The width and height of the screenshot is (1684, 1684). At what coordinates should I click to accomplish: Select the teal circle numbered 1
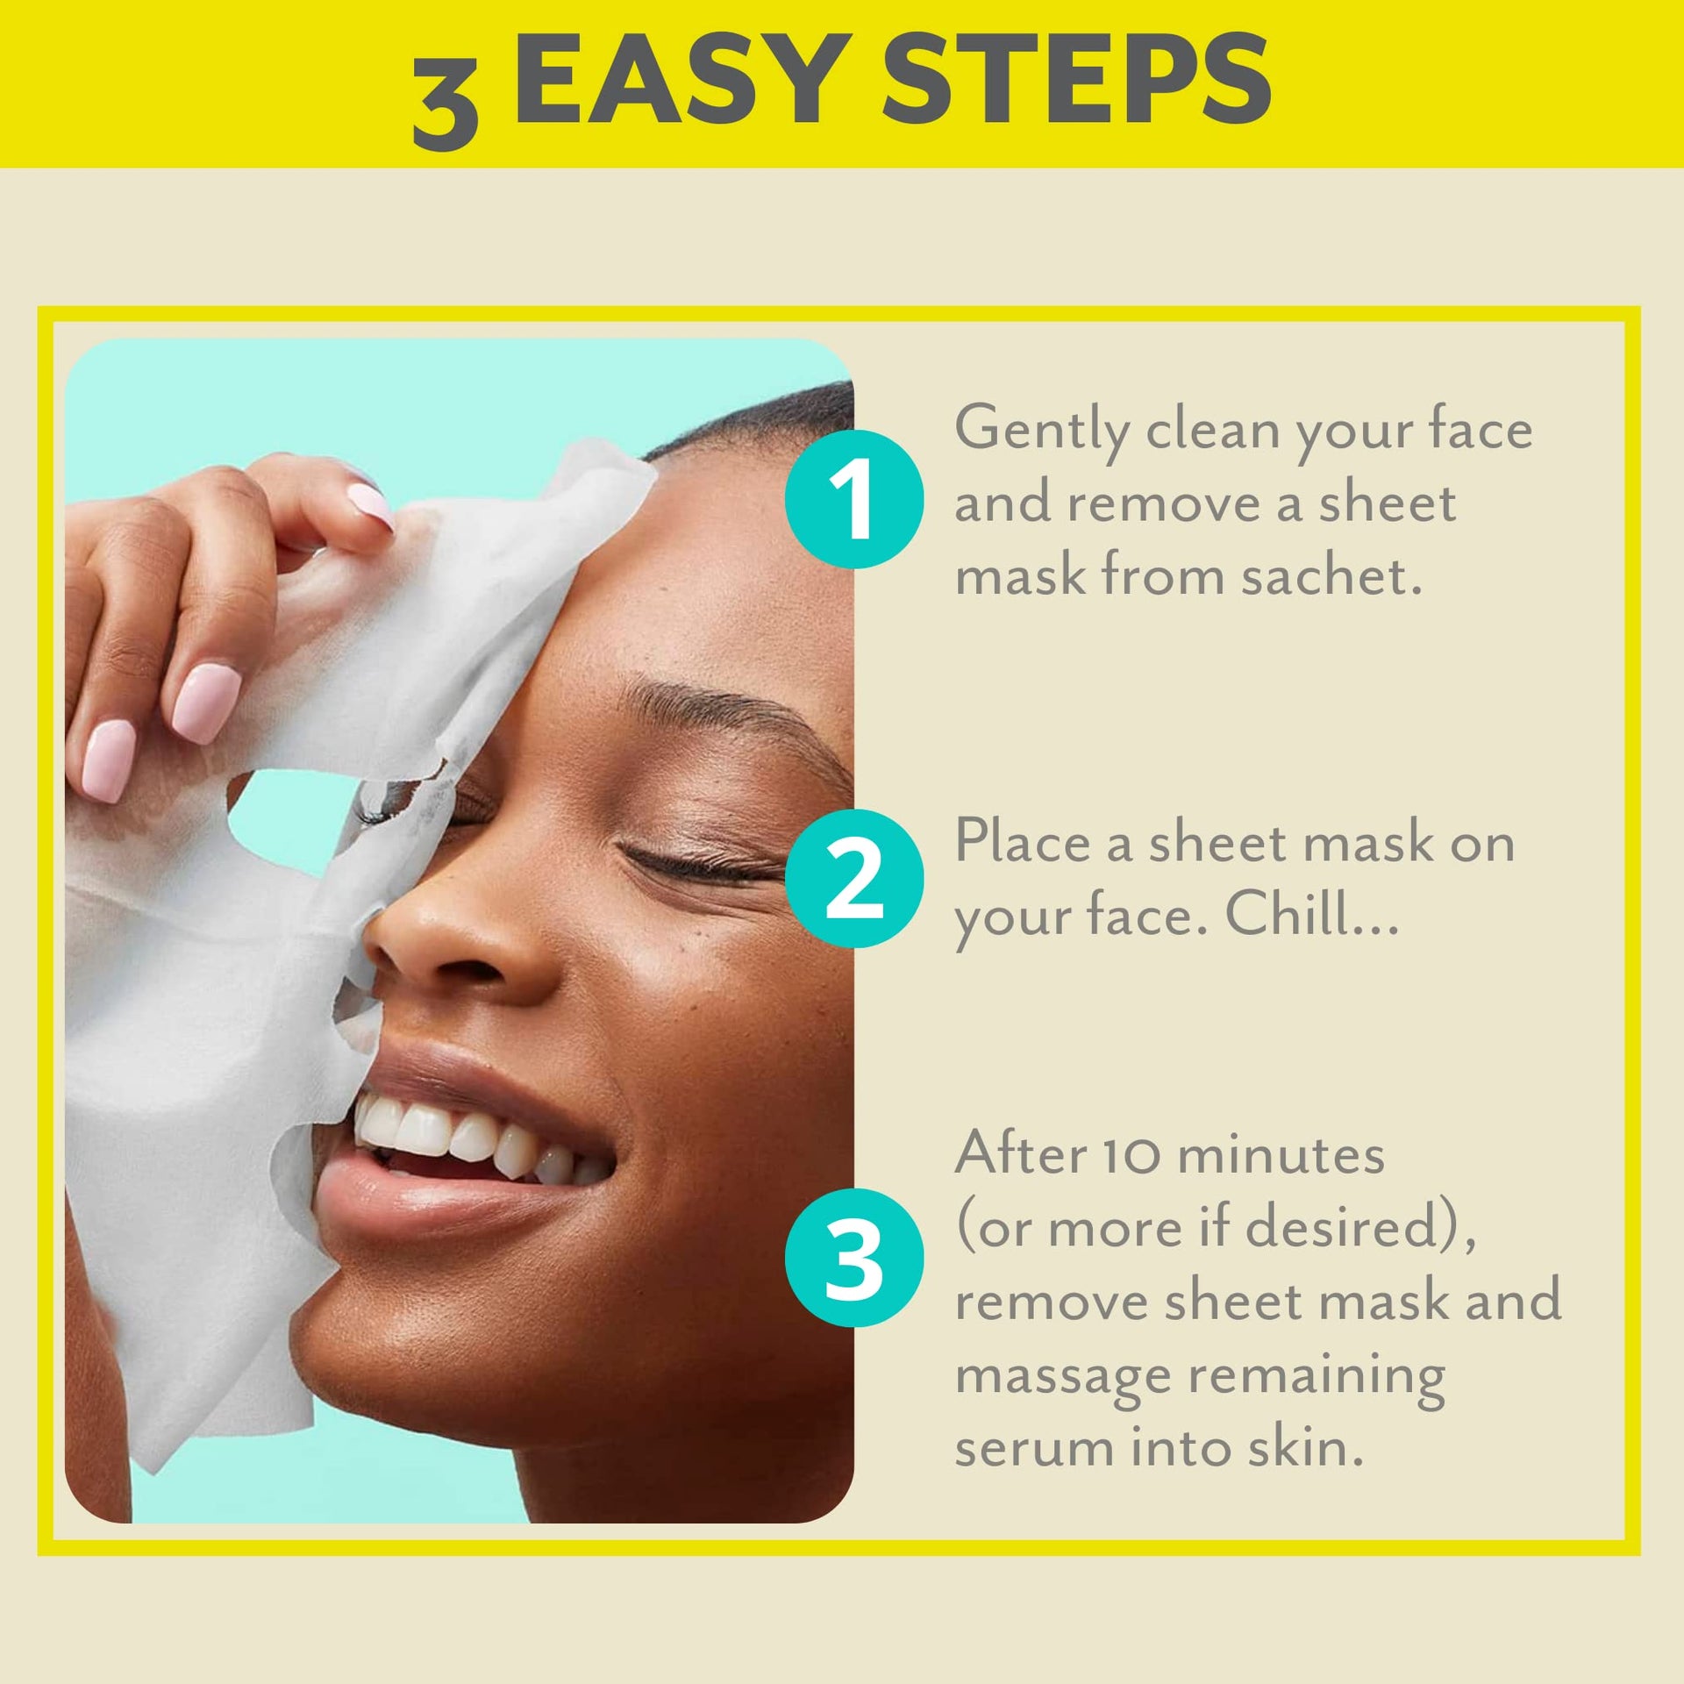click(x=853, y=499)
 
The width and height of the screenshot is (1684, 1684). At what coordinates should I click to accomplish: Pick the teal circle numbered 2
click(x=853, y=878)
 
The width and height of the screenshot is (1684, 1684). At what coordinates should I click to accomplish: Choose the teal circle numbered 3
click(x=853, y=1258)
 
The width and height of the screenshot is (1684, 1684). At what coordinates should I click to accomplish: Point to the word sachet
click(x=1331, y=576)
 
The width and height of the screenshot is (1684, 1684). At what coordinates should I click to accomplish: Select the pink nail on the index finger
click(x=372, y=506)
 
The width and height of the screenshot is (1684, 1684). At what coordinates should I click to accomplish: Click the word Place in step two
click(x=1022, y=841)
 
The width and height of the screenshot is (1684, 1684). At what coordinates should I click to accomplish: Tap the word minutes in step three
click(x=1280, y=1154)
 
